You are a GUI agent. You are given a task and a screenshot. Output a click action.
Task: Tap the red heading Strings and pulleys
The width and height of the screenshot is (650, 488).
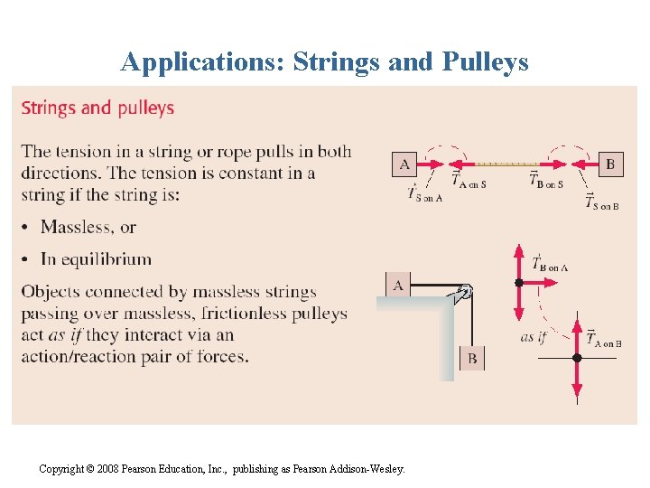pos(97,108)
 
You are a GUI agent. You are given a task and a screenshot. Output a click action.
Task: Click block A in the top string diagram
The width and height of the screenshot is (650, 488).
pos(404,164)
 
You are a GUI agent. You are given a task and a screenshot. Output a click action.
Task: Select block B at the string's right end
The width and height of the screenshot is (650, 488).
pos(610,164)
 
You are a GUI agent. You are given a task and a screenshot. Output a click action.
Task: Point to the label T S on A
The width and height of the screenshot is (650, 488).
pos(423,193)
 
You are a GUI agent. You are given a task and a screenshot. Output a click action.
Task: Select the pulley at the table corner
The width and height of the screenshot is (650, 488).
pos(465,292)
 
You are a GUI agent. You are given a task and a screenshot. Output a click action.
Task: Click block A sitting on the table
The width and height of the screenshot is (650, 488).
pos(398,285)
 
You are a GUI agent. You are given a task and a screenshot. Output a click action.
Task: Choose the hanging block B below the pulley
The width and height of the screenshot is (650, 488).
pos(471,359)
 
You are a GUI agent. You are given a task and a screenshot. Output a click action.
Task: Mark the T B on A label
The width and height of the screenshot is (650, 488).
pos(549,264)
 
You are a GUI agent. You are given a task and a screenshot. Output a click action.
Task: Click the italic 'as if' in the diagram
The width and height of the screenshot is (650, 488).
pos(534,337)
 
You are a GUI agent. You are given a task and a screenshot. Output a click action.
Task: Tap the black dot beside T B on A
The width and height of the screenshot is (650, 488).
pos(518,283)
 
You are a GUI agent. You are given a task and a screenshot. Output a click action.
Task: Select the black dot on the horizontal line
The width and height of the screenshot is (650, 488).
pos(578,358)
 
